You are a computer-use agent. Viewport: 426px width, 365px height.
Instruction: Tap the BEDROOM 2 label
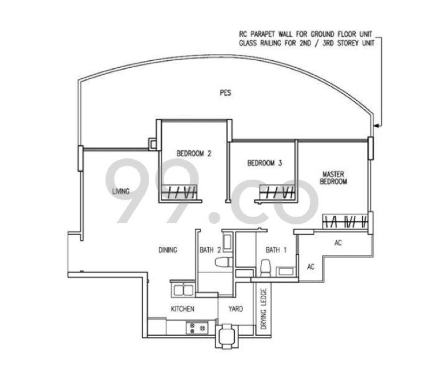pyautogui.click(x=194, y=153)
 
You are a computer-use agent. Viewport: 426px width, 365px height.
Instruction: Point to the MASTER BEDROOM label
pyautogui.click(x=333, y=178)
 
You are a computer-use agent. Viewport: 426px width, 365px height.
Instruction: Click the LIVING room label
pyautogui.click(x=121, y=191)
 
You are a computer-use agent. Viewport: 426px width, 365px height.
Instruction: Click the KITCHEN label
pyautogui.click(x=182, y=309)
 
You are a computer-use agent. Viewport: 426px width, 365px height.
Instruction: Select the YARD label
pyautogui.click(x=236, y=309)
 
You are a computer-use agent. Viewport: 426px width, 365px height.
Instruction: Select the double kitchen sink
pyautogui.click(x=183, y=290)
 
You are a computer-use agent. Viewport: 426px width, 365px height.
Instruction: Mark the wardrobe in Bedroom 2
pyautogui.click(x=181, y=192)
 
